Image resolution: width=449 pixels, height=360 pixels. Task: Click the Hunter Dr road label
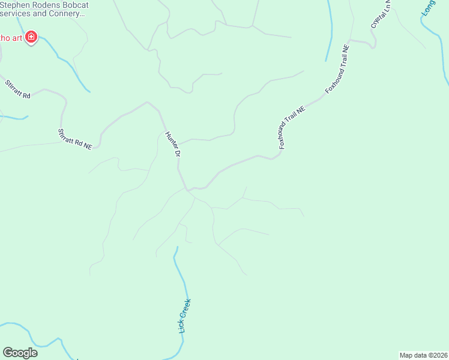[x=173, y=145]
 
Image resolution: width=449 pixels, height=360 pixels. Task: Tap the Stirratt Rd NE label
[x=74, y=139]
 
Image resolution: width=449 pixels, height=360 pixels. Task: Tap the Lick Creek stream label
[x=184, y=316]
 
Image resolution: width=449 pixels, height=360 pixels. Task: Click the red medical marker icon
[x=31, y=38]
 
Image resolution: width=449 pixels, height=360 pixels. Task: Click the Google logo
[x=20, y=352]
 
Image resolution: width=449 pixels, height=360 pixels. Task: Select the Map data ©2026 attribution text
[x=423, y=355]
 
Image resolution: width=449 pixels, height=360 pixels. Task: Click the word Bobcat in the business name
[x=74, y=5]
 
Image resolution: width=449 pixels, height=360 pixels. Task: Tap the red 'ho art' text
[x=10, y=38]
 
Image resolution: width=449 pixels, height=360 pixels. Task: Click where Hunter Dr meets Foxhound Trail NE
[x=190, y=190]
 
